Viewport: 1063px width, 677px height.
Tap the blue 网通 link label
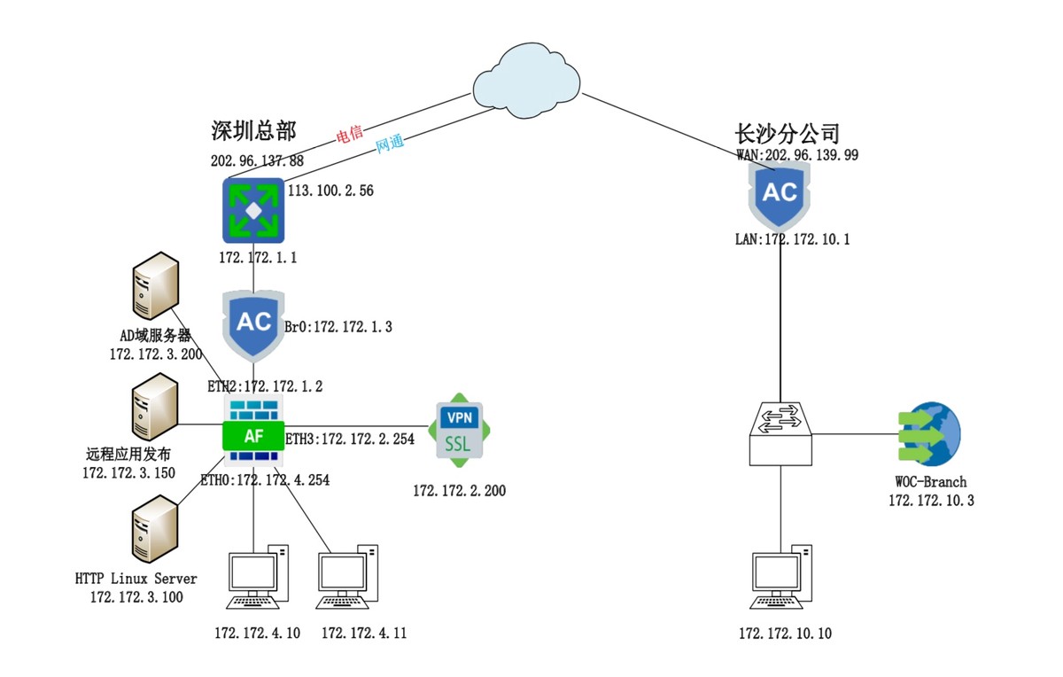[391, 145]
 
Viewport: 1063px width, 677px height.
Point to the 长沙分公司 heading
[787, 134]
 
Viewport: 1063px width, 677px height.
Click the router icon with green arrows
[254, 210]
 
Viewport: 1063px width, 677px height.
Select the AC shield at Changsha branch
[780, 194]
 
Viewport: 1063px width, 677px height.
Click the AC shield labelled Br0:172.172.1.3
[254, 323]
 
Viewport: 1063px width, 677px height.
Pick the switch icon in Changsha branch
[780, 433]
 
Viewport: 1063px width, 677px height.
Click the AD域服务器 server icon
[153, 284]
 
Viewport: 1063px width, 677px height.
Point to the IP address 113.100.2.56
[330, 191]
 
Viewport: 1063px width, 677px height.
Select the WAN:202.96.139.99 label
[797, 155]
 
